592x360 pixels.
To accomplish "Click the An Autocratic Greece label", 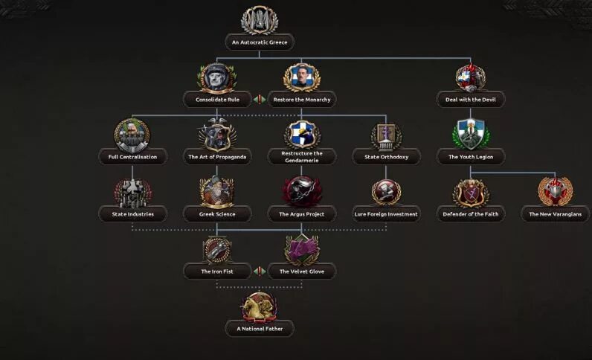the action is pos(259,42).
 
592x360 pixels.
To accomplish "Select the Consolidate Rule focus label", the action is pos(217,99).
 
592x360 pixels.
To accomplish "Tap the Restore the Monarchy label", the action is pos(301,99).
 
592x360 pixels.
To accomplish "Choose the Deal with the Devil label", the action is pos(471,99).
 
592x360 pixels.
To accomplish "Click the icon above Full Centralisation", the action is pos(132,135).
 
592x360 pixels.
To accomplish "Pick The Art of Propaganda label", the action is pos(217,157).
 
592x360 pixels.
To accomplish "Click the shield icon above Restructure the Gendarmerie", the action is pos(301,134).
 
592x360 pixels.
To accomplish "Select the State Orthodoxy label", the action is pos(386,157).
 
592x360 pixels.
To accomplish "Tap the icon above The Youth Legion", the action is pos(471,135).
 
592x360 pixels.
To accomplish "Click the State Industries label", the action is pos(132,214).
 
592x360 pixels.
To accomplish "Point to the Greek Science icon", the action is pos(217,191).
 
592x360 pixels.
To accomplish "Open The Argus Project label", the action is pos(301,214).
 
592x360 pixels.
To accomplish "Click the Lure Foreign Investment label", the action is pos(386,214).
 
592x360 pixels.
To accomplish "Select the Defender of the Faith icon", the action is pos(471,192).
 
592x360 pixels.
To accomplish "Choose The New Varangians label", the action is pos(556,214).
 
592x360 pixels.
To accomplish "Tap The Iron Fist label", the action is pos(217,271).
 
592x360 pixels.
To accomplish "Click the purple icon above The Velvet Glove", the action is pos(301,249).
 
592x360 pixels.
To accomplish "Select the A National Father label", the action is pos(260,328).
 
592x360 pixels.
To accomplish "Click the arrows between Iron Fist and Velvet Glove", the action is pos(260,271).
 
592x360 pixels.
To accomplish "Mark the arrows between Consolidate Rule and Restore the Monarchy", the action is pos(260,99).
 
